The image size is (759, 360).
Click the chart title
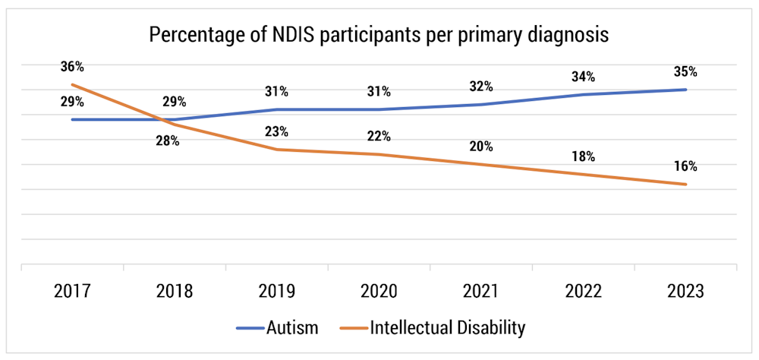(x=379, y=36)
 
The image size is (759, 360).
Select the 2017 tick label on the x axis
(x=72, y=291)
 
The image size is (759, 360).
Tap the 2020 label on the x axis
(x=379, y=291)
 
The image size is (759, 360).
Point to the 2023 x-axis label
(x=685, y=291)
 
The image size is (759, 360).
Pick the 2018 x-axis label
(x=175, y=291)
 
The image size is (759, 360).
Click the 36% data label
(x=72, y=66)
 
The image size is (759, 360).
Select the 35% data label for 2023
(x=685, y=72)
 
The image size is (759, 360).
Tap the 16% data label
(x=685, y=166)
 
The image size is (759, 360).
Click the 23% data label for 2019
(x=276, y=131)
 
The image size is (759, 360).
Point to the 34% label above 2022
(x=583, y=77)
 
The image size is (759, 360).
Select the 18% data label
(x=583, y=156)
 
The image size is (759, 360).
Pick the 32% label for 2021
(x=480, y=86)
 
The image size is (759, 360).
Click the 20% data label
(x=480, y=147)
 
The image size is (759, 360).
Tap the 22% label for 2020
(x=379, y=136)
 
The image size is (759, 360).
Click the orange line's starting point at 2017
(x=72, y=84)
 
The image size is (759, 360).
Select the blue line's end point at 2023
(x=686, y=90)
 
